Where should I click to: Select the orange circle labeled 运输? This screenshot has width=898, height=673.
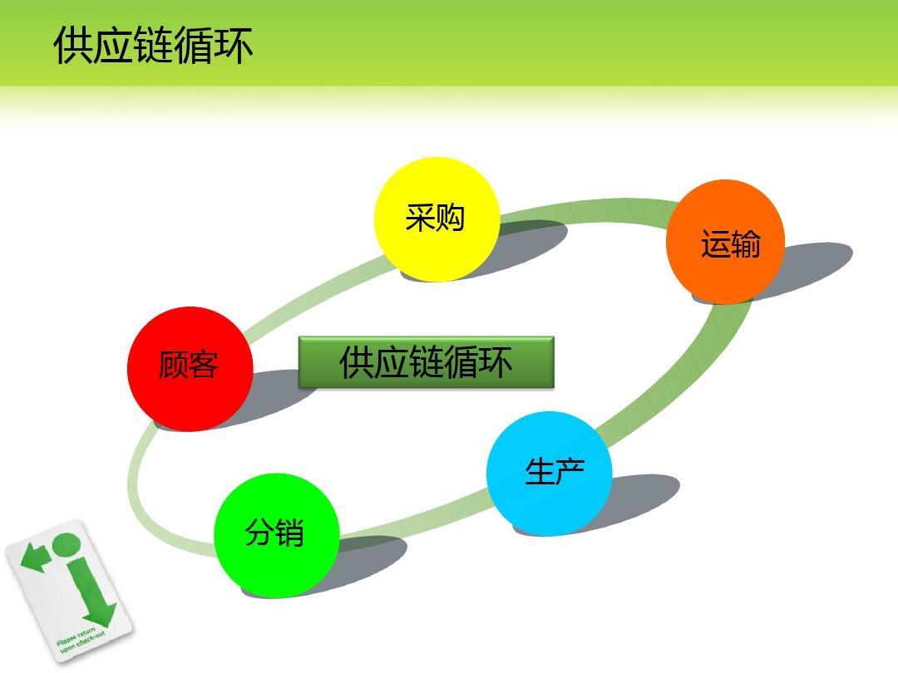pyautogui.click(x=726, y=242)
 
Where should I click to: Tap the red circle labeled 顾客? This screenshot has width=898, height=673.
pyautogui.click(x=190, y=368)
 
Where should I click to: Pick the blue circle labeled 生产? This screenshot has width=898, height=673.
pyautogui.click(x=549, y=473)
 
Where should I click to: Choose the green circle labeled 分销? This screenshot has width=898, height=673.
pyautogui.click(x=277, y=535)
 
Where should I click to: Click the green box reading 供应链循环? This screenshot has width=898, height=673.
pyautogui.click(x=426, y=362)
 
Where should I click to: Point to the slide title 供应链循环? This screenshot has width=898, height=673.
pyautogui.click(x=153, y=45)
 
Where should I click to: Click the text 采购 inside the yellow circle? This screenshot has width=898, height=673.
pyautogui.click(x=435, y=218)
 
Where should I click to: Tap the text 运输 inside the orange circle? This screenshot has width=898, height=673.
pyautogui.click(x=730, y=244)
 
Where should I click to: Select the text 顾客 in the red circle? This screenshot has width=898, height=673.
pyautogui.click(x=189, y=366)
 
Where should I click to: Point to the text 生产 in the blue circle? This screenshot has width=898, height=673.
pyautogui.click(x=555, y=471)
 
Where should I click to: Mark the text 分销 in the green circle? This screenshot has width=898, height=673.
pyautogui.click(x=274, y=533)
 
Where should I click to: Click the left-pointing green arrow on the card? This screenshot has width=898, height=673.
pyautogui.click(x=34, y=558)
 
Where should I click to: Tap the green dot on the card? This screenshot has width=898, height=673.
pyautogui.click(x=66, y=545)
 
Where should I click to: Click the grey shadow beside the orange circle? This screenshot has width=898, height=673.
pyautogui.click(x=811, y=266)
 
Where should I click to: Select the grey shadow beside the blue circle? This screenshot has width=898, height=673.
pyautogui.click(x=644, y=494)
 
